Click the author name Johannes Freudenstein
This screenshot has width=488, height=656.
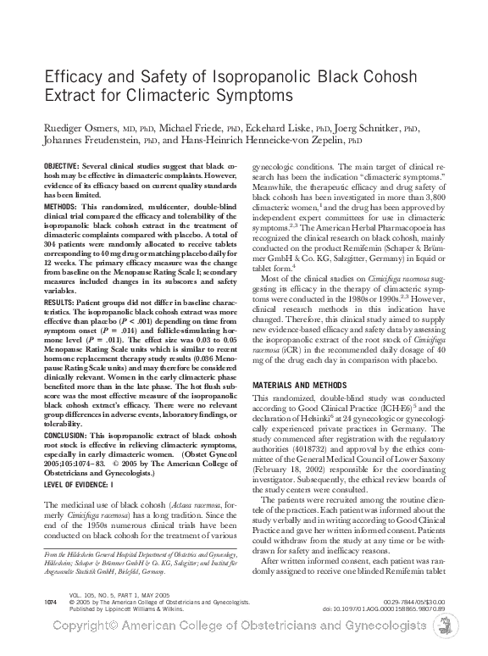[x=91, y=142]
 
